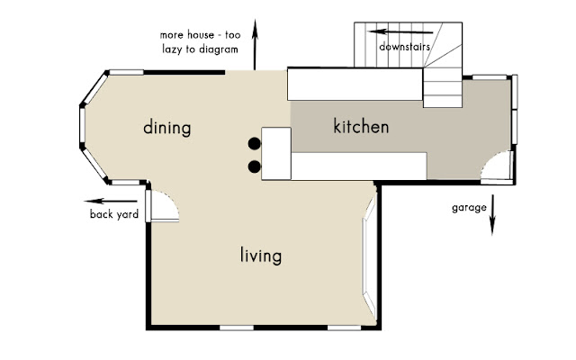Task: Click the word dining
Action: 167,128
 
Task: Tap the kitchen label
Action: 361,126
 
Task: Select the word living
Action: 261,256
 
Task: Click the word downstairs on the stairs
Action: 404,47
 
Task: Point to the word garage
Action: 469,208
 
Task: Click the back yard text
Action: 114,214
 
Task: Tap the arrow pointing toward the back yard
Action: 111,201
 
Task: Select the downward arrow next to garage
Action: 492,215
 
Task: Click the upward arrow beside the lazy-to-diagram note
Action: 255,44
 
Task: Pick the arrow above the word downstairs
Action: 400,32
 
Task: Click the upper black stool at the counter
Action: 254,144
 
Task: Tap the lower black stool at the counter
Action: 254,166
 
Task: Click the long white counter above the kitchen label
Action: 355,84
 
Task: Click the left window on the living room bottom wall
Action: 237,328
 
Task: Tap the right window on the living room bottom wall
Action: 344,328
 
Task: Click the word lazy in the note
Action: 173,49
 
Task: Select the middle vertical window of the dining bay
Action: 82,125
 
